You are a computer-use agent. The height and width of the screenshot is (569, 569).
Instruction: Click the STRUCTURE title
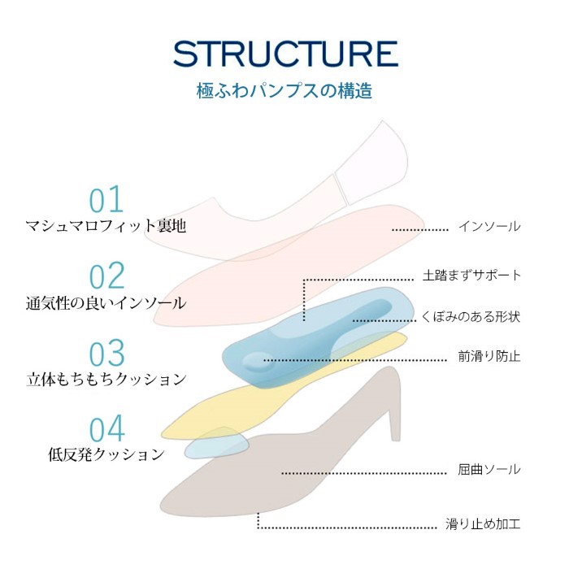pyautogui.click(x=285, y=54)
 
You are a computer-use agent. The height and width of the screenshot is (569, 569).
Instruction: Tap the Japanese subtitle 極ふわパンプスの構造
pyautogui.click(x=284, y=91)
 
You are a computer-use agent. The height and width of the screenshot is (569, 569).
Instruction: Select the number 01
pyautogui.click(x=106, y=199)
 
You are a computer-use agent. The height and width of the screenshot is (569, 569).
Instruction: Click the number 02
pyautogui.click(x=106, y=276)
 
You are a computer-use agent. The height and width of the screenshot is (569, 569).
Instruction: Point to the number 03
pyautogui.click(x=106, y=352)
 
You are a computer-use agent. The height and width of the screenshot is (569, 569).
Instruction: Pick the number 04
pyautogui.click(x=106, y=429)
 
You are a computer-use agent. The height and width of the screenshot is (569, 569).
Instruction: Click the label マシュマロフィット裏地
pyautogui.click(x=106, y=226)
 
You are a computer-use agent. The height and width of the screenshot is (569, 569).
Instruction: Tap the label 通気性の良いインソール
pyautogui.click(x=106, y=302)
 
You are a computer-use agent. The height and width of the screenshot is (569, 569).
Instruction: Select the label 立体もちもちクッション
pyautogui.click(x=106, y=380)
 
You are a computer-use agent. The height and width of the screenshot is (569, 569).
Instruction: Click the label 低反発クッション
pyautogui.click(x=106, y=454)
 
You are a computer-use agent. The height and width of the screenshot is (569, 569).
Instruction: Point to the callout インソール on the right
pyautogui.click(x=489, y=226)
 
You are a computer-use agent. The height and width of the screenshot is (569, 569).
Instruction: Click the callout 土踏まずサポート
pyautogui.click(x=471, y=275)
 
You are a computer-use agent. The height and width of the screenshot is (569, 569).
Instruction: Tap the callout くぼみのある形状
pyautogui.click(x=471, y=317)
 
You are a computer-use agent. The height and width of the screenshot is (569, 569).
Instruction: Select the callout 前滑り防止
pyautogui.click(x=489, y=356)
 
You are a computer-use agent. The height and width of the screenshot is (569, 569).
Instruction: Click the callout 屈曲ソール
pyautogui.click(x=489, y=470)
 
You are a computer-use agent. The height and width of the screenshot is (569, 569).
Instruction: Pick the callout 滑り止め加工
pyautogui.click(x=483, y=523)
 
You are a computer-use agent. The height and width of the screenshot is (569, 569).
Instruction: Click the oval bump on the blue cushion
pyautogui.click(x=256, y=361)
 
